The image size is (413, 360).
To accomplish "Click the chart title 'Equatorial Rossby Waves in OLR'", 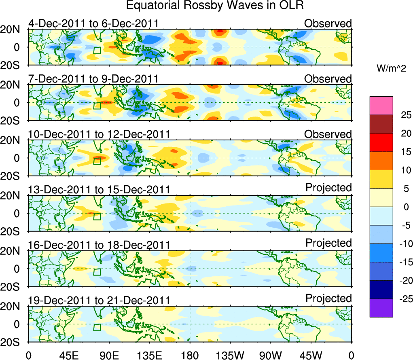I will (215, 6).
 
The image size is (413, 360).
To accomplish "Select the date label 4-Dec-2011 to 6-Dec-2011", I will (93, 23).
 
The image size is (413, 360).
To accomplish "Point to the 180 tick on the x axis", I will (190, 355).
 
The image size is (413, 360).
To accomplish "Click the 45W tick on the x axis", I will (311, 355).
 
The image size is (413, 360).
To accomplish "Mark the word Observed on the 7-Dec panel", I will (328, 79).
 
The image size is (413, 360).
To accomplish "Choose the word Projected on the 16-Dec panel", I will (328, 243).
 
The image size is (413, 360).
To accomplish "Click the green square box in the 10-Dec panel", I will (97, 161).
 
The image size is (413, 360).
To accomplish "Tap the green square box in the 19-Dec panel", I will (97, 327).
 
